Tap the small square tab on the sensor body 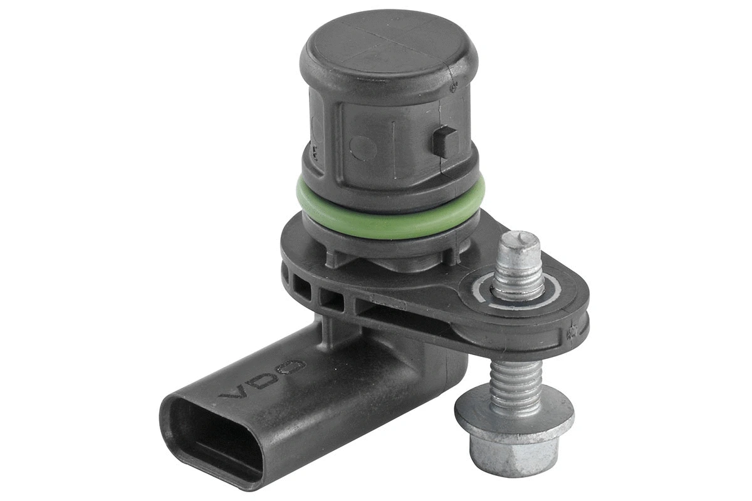pos(444,141)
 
